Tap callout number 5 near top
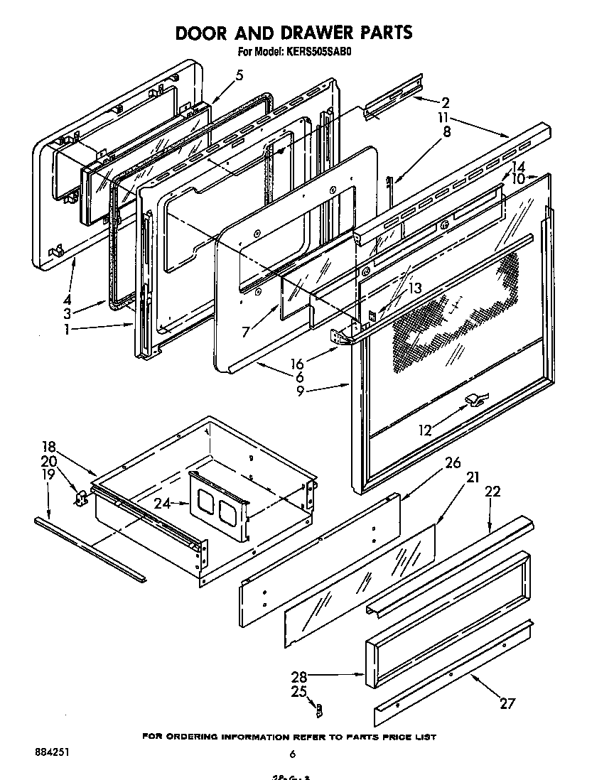(239, 75)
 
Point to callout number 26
(453, 462)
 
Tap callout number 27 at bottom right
(507, 703)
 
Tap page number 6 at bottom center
(291, 754)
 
